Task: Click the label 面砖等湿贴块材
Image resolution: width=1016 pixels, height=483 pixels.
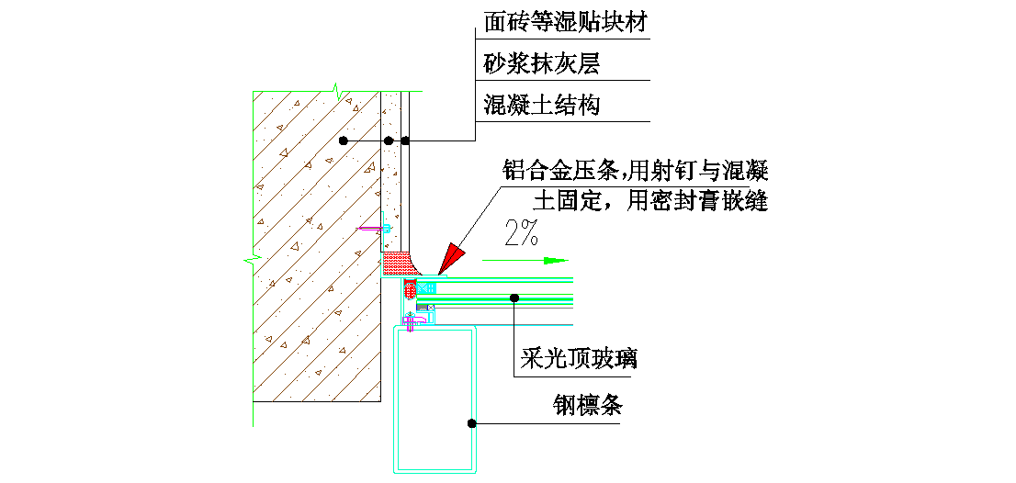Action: coord(567,21)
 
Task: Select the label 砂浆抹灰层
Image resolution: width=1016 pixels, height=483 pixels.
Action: coord(542,63)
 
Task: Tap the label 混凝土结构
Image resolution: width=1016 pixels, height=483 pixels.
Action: coord(542,105)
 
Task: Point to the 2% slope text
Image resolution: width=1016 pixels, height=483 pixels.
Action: coord(521,235)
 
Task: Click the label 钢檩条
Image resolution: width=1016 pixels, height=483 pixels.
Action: coord(587,405)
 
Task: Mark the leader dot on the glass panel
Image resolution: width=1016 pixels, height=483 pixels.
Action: coord(514,298)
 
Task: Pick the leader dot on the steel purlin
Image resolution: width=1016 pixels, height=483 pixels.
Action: coord(471,423)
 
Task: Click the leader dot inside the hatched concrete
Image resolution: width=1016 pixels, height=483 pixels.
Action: coord(343,140)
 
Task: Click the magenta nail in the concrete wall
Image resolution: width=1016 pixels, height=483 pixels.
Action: coord(373,228)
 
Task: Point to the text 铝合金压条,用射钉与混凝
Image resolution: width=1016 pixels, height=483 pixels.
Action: coord(634,171)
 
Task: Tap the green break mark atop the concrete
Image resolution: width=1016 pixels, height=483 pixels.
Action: coord(337,92)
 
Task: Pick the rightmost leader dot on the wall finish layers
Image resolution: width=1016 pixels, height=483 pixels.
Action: coord(406,140)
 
